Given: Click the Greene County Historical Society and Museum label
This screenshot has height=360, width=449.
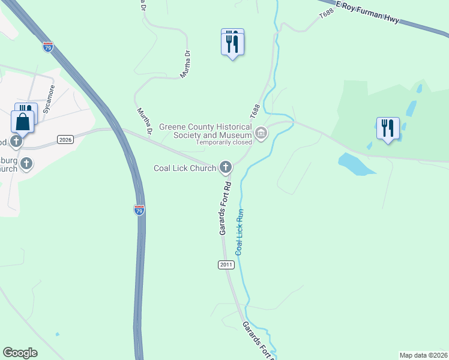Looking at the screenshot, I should (x=204, y=131).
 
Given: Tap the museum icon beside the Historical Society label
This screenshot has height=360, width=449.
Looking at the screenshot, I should (x=261, y=133).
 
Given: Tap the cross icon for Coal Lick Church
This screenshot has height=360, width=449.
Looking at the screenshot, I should (x=226, y=167).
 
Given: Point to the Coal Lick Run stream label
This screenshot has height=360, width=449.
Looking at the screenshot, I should (x=240, y=232).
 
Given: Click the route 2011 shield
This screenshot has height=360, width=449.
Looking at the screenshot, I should (x=226, y=265).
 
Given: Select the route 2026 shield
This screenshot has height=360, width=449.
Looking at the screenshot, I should (x=65, y=139).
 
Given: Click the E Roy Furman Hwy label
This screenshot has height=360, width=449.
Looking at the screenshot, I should (x=367, y=12).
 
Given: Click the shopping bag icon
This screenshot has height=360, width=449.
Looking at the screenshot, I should (x=22, y=122).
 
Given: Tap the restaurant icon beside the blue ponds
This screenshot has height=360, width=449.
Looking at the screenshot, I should (x=387, y=128).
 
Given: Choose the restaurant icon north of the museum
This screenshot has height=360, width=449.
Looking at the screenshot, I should (x=232, y=43).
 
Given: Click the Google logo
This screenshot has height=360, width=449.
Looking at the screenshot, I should (x=20, y=353).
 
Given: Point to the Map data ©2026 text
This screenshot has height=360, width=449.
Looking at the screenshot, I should (x=423, y=355).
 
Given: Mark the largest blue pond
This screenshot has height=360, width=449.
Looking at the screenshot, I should (x=355, y=164).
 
